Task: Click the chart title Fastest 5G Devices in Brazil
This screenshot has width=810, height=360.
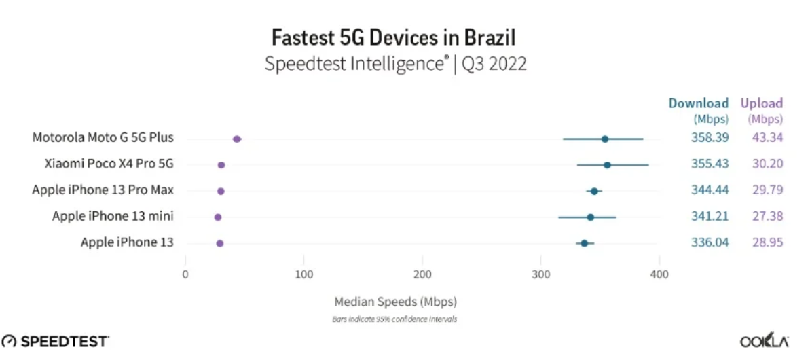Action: click(394, 39)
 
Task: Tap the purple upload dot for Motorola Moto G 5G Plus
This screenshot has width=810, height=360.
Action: click(237, 139)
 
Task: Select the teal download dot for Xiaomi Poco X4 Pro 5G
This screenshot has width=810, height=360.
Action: click(607, 165)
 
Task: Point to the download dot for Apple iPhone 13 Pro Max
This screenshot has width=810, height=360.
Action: click(594, 191)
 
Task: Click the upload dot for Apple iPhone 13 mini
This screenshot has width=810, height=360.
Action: click(218, 217)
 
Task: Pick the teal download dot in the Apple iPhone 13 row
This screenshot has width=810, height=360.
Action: click(585, 243)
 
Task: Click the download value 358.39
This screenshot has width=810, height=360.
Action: click(710, 138)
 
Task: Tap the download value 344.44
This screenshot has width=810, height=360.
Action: click(710, 190)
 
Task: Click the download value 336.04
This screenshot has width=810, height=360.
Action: click(710, 242)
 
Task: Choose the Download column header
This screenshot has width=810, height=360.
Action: click(699, 103)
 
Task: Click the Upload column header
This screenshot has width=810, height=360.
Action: click(762, 103)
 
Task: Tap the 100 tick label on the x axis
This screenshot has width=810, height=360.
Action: click(303, 275)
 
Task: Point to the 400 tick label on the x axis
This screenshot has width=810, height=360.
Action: click(659, 275)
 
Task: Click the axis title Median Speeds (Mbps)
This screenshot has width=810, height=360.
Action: click(396, 301)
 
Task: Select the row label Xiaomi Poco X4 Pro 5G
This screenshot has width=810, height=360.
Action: click(109, 164)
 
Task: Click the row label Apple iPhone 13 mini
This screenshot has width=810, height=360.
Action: click(113, 217)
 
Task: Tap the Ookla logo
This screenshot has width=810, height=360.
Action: click(764, 342)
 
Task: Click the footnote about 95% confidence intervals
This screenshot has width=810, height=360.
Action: click(394, 319)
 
